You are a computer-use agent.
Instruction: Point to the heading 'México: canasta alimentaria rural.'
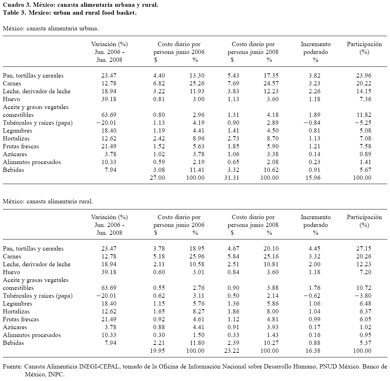(47, 201)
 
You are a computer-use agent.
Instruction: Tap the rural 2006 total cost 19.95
(158, 351)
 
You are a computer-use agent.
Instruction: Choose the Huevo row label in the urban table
(11, 99)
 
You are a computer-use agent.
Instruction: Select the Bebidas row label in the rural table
(13, 343)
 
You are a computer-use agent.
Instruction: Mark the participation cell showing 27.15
(364, 248)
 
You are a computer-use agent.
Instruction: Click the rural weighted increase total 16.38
(313, 351)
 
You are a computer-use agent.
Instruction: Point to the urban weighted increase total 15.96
(313, 178)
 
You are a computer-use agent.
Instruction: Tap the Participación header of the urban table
(364, 44)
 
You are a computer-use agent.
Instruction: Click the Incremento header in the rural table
(315, 217)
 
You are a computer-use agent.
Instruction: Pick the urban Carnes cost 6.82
(159, 83)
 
